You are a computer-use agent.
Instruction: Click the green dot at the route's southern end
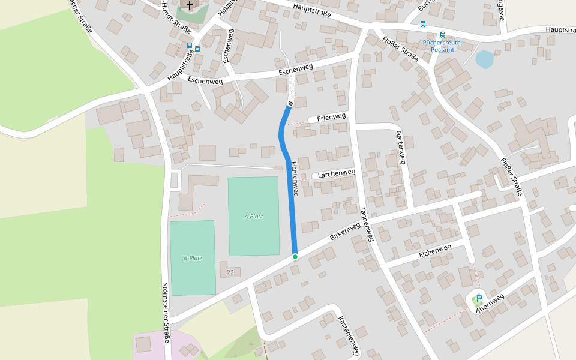(x=295, y=257)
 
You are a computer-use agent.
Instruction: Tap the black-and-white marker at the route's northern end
(x=290, y=104)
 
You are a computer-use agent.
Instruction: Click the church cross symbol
(x=190, y=6)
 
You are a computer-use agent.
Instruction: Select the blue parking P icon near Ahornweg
(x=479, y=298)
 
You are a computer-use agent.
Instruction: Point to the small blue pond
(x=484, y=59)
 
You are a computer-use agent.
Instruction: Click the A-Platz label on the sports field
(x=254, y=216)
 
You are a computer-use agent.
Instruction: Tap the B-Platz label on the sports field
(x=193, y=258)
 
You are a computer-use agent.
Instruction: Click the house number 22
(x=230, y=272)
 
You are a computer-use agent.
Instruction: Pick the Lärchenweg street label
(x=338, y=173)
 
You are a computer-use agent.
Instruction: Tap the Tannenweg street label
(x=367, y=224)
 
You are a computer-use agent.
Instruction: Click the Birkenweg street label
(x=345, y=232)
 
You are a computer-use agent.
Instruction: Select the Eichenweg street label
(x=435, y=251)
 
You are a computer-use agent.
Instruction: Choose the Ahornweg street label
(x=490, y=304)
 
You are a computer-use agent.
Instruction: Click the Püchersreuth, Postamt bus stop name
(x=443, y=46)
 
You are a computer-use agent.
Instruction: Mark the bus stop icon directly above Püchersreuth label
(x=443, y=35)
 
